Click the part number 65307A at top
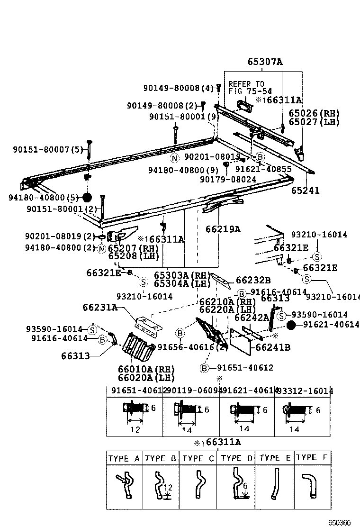tap(264, 62)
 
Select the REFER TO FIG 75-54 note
tap(250, 87)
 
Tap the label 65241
tap(305, 191)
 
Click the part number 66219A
tap(223, 229)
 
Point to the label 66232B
tap(253, 280)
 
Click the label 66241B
tap(273, 347)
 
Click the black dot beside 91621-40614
tap(291, 325)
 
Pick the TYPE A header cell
tap(124, 458)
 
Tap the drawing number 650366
tap(340, 522)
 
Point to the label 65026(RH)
tap(315, 113)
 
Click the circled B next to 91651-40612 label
tap(204, 368)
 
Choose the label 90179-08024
tap(228, 180)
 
